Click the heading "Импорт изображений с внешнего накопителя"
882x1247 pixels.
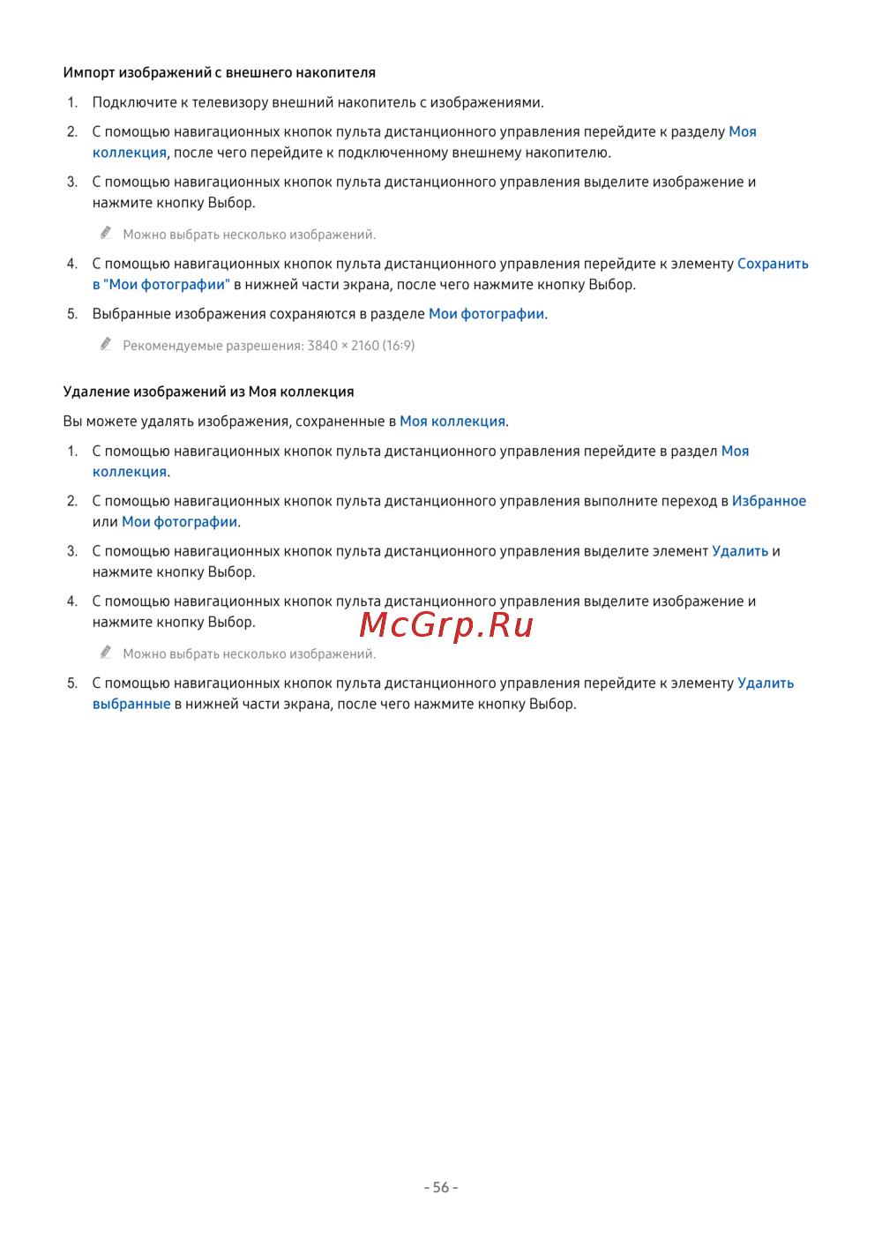(x=220, y=72)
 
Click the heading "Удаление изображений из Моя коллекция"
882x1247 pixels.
(x=209, y=392)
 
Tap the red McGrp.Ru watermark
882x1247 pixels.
(x=446, y=624)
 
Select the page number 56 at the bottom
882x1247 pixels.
(x=441, y=1187)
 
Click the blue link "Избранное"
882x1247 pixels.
(x=768, y=501)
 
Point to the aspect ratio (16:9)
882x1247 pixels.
(x=399, y=346)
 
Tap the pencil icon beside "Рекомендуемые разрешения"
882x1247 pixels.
(x=106, y=344)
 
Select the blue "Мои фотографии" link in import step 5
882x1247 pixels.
(x=486, y=314)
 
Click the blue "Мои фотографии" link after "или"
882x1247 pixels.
(x=180, y=522)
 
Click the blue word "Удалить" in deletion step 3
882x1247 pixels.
(x=740, y=551)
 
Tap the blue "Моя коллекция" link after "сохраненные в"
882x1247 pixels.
(x=452, y=422)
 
